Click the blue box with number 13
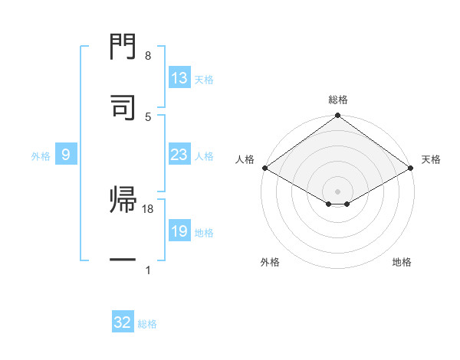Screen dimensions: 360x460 [179, 78]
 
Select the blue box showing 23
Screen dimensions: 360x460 [179, 155]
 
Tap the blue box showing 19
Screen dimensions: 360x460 [179, 232]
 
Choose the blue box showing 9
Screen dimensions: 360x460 [66, 155]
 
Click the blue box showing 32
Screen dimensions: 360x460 [123, 322]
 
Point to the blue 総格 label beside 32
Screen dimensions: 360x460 [147, 324]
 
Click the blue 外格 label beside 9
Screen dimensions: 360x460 [41, 156]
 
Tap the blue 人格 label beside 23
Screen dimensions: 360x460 [204, 156]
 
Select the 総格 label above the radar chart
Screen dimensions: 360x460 [338, 100]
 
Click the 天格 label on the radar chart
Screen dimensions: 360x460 [431, 159]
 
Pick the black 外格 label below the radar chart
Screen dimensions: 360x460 [270, 262]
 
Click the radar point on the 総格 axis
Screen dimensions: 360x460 [337, 116]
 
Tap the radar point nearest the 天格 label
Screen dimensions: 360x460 [411, 168]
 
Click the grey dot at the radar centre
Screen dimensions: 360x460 [337, 191]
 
